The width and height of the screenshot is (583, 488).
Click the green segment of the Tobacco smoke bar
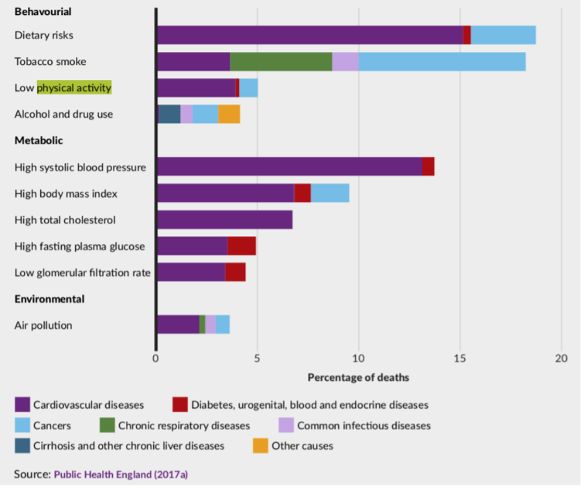tap(280, 62)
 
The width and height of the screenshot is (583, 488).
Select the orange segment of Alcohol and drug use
tap(229, 114)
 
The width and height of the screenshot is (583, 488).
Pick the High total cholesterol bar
tap(225, 220)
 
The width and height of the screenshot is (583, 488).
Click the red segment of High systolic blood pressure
tap(428, 167)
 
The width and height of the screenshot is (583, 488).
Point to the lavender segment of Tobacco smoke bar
tap(345, 62)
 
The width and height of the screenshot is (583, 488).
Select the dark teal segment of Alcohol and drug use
tap(169, 114)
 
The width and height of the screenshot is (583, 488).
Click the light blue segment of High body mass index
tap(330, 194)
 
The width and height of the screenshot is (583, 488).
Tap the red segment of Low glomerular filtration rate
tap(235, 272)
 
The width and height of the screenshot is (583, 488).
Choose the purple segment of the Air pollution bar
tap(178, 325)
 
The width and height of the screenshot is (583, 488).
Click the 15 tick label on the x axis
tap(460, 358)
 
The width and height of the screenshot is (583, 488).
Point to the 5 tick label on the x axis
tap(257, 358)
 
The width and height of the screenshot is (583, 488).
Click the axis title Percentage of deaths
tap(358, 377)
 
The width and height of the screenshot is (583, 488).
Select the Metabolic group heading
tap(38, 140)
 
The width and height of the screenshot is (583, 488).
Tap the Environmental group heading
tap(49, 299)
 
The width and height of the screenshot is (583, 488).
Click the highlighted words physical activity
tap(74, 88)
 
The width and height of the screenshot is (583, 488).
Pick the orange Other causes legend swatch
tap(260, 446)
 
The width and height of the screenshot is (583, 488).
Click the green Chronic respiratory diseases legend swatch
tap(107, 426)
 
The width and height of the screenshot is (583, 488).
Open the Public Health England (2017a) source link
tap(121, 474)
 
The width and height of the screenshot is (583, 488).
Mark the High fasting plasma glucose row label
tap(80, 246)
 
